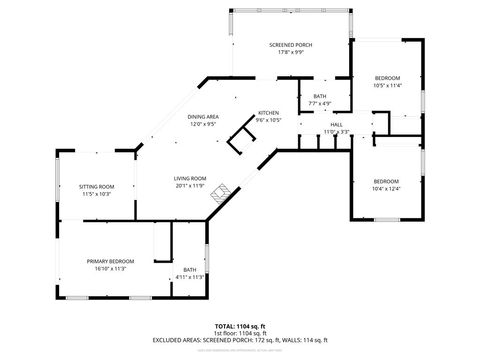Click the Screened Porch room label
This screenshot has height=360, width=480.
coord(290,45)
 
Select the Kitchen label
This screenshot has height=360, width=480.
coord(269,113)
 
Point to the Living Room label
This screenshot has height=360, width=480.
coord(190,178)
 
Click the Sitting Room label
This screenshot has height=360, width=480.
coord(97,186)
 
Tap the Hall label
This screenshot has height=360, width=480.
coord(337,124)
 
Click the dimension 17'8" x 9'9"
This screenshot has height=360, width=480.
coord(290,52)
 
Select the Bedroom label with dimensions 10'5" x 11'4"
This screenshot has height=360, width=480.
coord(387,78)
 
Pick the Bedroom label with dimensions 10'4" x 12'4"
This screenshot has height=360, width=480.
coord(385,181)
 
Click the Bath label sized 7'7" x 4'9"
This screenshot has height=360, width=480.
coord(319,96)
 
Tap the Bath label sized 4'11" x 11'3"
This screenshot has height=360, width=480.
coord(189,284)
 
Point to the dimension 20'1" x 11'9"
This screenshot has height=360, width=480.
coord(190,186)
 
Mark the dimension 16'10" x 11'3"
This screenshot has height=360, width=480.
coord(110,268)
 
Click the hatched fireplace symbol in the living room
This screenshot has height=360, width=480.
coord(219,192)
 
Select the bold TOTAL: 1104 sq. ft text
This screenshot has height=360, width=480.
coord(240,326)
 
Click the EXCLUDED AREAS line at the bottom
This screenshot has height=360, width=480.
coord(240,339)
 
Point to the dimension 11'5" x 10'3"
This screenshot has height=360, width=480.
coord(97,193)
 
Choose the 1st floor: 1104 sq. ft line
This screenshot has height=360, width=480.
coord(240,333)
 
